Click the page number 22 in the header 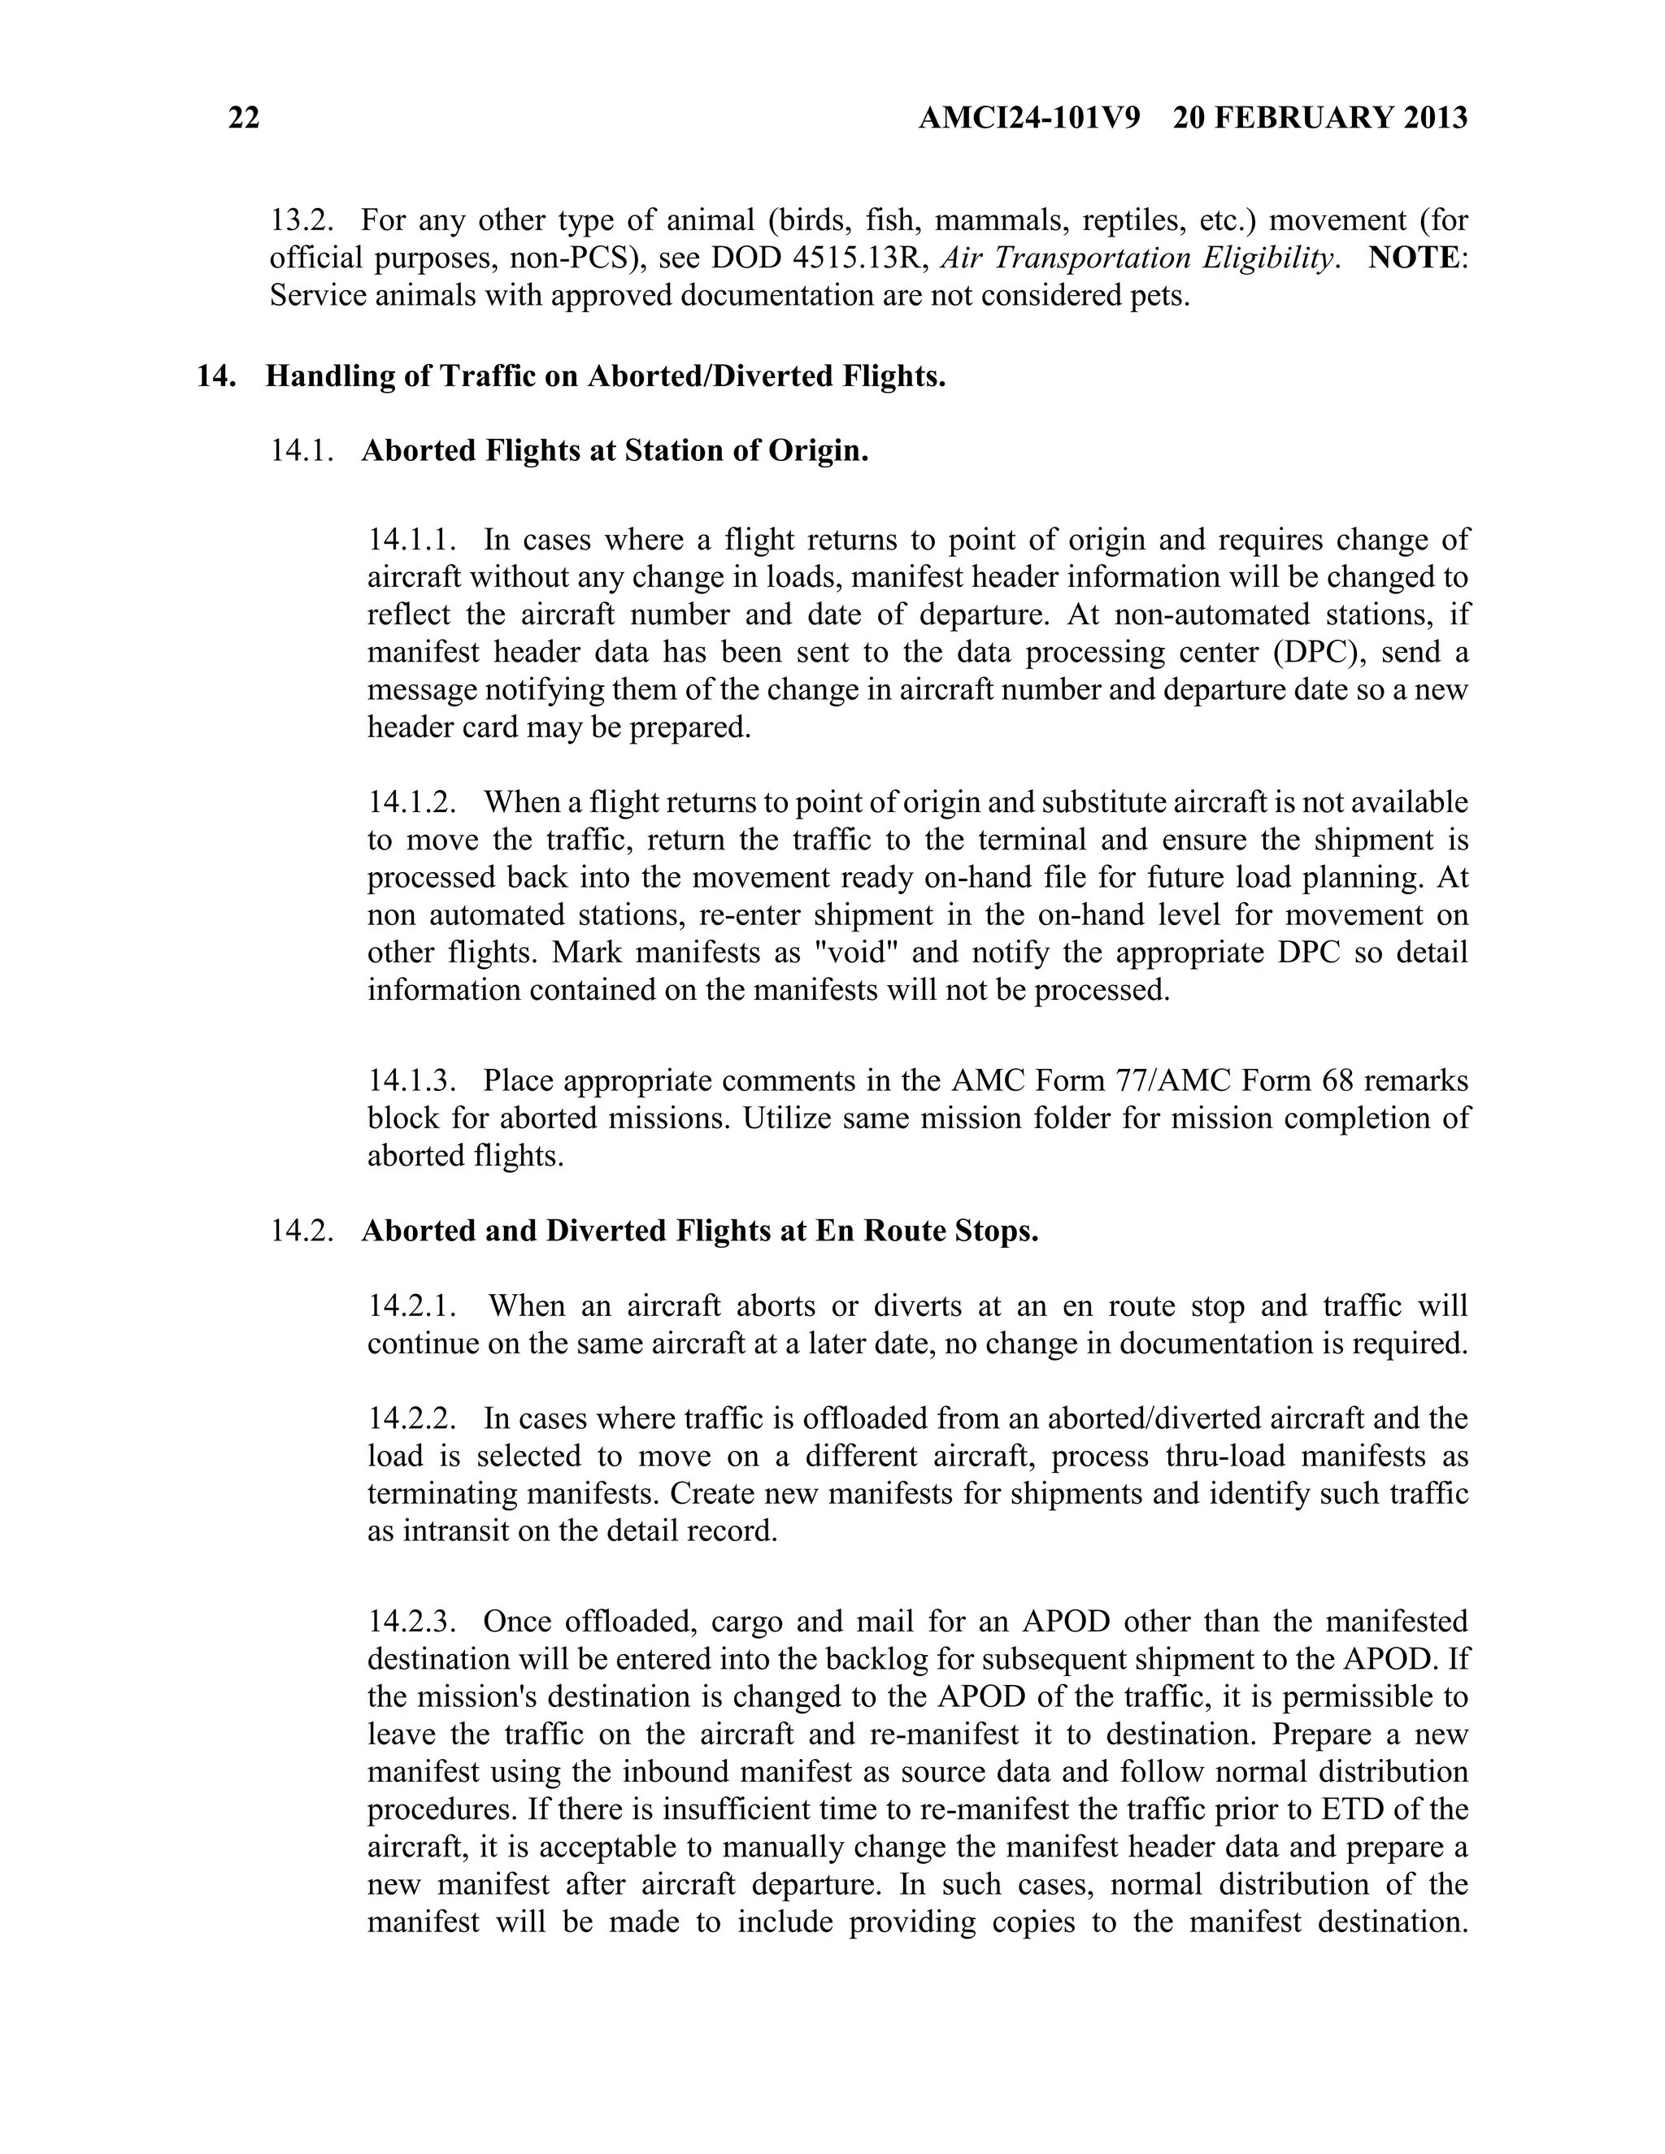[x=244, y=119]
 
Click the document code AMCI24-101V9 [x=1028, y=119]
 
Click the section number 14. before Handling [x=214, y=377]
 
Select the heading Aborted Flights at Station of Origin [x=615, y=451]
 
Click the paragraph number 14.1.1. [x=412, y=540]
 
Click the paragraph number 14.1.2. [x=412, y=801]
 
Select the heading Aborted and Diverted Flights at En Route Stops [x=699, y=1231]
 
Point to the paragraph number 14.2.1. [x=412, y=1306]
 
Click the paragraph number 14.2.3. [x=412, y=1622]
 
